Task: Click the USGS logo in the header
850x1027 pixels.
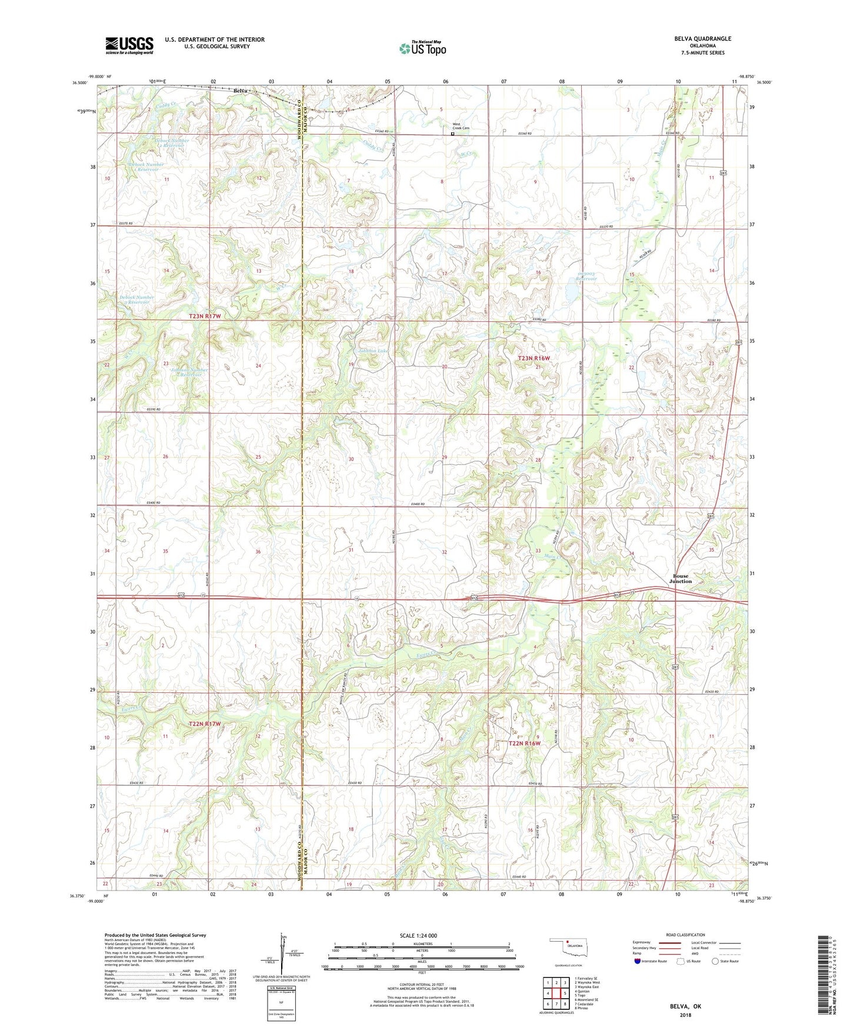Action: (129, 45)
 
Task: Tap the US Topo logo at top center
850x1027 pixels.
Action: (422, 48)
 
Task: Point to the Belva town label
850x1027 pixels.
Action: (240, 91)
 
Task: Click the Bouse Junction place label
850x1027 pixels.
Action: (681, 579)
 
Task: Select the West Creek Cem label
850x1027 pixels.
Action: (461, 126)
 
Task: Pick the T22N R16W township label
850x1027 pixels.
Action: (524, 743)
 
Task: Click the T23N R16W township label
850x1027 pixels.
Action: (534, 358)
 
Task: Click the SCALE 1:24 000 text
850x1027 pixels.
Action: (418, 935)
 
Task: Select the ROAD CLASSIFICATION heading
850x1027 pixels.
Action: (685, 935)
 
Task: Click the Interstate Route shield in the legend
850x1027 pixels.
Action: (638, 961)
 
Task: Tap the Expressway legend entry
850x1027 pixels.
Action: (645, 943)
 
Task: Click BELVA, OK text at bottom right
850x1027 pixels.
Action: (685, 1006)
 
